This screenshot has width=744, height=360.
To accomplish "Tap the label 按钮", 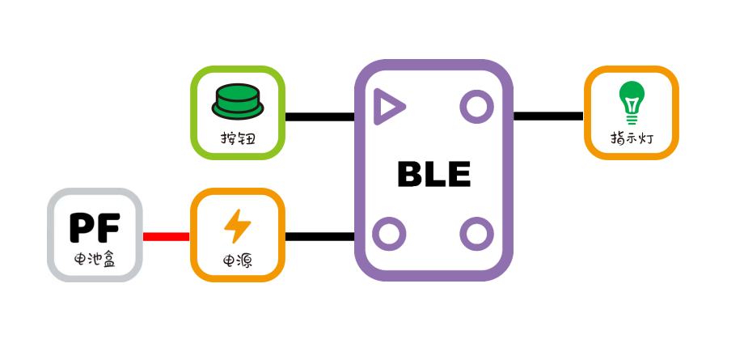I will point(238,138).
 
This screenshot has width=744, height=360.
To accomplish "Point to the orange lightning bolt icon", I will point(237,226).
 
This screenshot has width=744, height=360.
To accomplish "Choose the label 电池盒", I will point(95,261).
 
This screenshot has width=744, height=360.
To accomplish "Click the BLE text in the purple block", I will point(433,174).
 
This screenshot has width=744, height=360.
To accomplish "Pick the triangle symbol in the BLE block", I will point(389,107).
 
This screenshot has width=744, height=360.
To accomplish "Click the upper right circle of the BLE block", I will point(476,106).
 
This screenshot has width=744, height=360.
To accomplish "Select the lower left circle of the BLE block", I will point(389,234).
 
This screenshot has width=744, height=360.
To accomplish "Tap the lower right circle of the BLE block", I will point(476,234).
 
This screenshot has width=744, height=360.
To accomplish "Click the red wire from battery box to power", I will point(166,237).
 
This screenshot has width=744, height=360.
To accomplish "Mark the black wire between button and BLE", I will point(319,116).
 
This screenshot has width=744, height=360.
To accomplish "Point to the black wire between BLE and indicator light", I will point(548,116).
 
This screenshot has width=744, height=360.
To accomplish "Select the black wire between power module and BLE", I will point(319,237).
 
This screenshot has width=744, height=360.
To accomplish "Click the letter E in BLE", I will point(458,174).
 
